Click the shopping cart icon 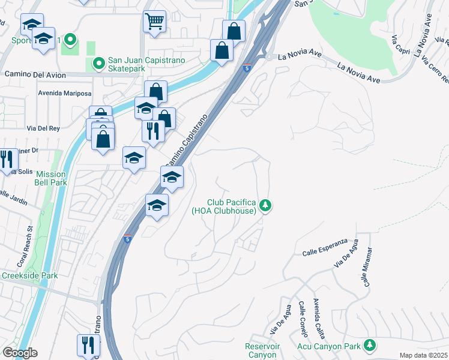click(154, 22)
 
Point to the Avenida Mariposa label click(65, 94)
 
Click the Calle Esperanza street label click(325, 242)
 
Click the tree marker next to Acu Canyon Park click(370, 345)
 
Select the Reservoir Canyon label click(261, 350)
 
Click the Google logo click(20, 353)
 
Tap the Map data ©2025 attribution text click(423, 355)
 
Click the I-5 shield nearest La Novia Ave click(247, 67)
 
